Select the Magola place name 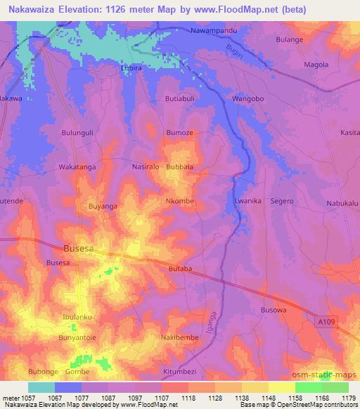point(314,65)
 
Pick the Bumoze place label point(179,132)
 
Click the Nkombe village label point(179,201)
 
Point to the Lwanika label point(247,201)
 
